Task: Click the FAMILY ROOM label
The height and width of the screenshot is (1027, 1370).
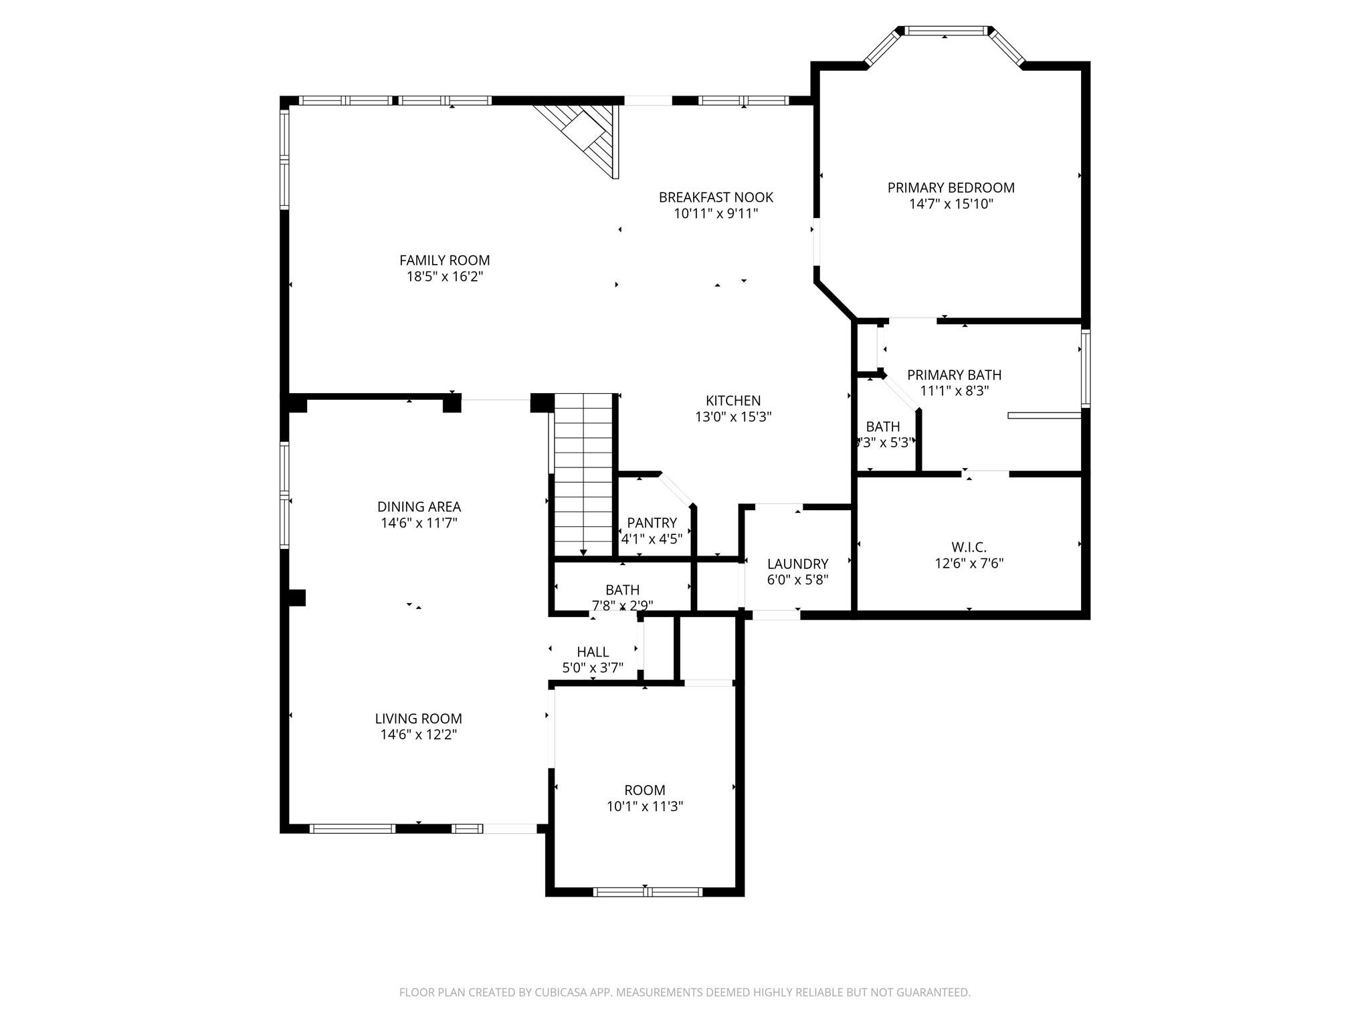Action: point(444,260)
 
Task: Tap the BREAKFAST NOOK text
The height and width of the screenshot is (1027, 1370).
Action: point(716,197)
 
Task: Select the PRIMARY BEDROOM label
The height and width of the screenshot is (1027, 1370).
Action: point(951,188)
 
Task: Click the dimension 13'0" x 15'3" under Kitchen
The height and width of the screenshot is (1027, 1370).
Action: point(733,417)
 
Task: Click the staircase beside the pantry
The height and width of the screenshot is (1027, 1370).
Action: point(583,475)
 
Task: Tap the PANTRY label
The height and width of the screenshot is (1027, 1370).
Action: point(652,522)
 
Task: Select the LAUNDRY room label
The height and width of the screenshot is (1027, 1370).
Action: point(797,564)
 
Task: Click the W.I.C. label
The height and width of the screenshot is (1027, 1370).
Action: point(969,547)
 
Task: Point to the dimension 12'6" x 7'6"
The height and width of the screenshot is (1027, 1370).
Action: point(969,564)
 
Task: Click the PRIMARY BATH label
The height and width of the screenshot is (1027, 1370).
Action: point(954,375)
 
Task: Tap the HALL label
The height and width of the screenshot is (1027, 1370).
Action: point(593,651)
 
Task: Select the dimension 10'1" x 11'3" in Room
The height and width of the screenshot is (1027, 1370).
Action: point(644,806)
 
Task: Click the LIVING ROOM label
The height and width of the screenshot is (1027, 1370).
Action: point(418,718)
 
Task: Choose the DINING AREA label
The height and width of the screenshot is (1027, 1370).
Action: point(419,507)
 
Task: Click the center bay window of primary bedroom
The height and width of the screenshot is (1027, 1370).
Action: point(945,31)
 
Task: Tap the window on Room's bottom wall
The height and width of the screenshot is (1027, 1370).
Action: point(647,891)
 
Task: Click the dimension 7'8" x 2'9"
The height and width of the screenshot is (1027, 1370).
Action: point(622,606)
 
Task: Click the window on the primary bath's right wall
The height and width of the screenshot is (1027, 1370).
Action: point(1085,368)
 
